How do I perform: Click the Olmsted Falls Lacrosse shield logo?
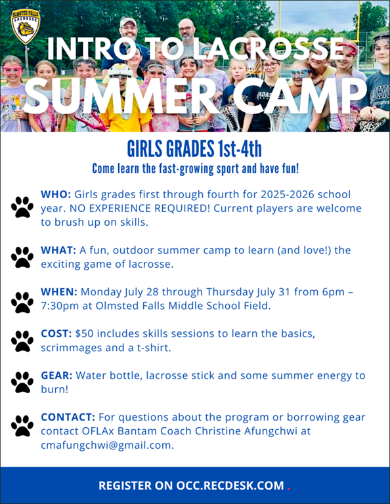click(x=26, y=27)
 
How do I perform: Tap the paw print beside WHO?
click(x=22, y=207)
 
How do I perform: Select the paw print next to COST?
click(x=22, y=341)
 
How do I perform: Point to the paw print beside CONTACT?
click(x=22, y=426)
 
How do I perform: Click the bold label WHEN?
click(x=59, y=292)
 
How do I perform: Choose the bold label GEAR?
click(x=56, y=375)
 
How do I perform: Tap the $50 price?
click(x=85, y=333)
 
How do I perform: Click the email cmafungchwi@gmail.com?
click(x=108, y=445)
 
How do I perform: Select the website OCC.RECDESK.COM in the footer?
click(x=230, y=486)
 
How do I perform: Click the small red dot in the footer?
click(x=289, y=489)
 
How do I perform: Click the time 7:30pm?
click(x=60, y=306)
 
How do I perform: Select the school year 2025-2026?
click(x=287, y=194)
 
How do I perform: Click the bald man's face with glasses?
click(x=186, y=31)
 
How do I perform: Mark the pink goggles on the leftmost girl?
click(x=13, y=70)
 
